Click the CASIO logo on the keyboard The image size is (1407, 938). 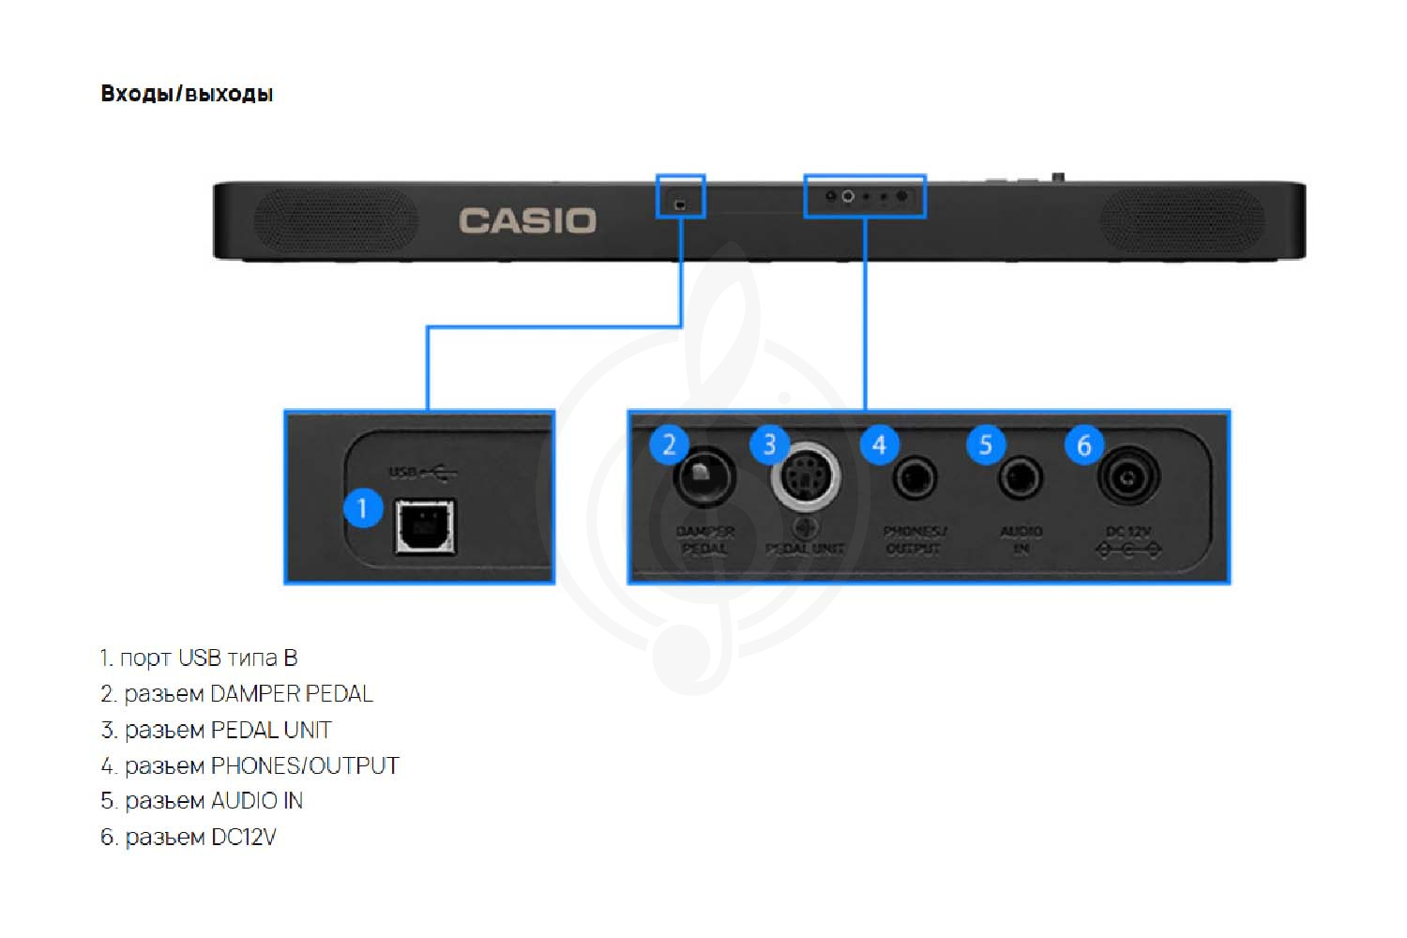527,221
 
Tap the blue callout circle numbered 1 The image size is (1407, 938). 363,509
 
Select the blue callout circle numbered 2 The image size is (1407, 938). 669,444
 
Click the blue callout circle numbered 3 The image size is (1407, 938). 769,444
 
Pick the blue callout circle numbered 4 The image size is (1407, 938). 879,444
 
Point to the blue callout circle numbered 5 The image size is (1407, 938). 986,444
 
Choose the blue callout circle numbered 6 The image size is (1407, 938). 1083,444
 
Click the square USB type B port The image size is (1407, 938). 425,526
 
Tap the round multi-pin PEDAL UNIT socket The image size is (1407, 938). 805,477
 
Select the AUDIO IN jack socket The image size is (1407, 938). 1020,478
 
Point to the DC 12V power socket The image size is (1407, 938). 1127,477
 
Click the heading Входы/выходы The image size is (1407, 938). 187,94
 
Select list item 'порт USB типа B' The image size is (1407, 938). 199,658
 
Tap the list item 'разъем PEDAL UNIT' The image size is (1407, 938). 217,730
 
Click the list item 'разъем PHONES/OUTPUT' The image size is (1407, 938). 250,765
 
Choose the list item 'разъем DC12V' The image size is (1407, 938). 189,837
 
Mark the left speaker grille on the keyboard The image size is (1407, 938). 335,220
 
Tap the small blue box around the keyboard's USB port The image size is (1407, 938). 680,196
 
